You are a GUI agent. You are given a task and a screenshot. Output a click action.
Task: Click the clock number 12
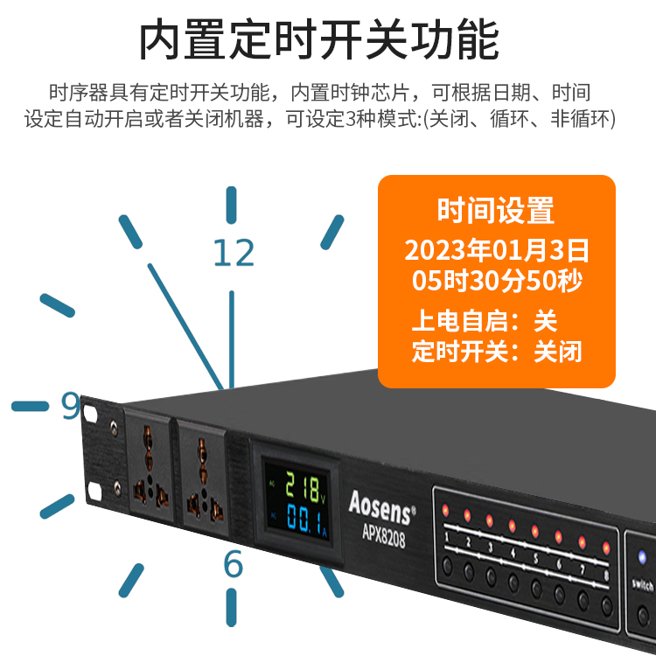point(234,253)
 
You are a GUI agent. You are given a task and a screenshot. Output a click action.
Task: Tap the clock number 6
point(233,563)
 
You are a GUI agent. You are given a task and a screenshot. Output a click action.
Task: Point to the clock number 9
point(70,405)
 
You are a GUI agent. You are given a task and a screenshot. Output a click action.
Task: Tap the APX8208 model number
point(383,535)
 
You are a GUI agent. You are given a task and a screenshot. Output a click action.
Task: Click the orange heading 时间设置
point(496,211)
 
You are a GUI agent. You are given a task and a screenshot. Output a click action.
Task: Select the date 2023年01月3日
point(497,250)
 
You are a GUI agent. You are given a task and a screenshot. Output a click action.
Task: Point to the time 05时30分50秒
point(497,280)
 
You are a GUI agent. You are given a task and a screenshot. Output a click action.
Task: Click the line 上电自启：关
point(485,321)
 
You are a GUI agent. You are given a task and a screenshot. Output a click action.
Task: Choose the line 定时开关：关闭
point(497,351)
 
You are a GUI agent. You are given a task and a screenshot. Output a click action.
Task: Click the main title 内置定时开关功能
point(318,39)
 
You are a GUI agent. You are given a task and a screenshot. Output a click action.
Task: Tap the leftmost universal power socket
point(149,464)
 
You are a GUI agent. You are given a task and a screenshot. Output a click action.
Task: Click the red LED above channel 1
point(445,510)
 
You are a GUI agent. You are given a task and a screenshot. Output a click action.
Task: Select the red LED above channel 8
point(606,548)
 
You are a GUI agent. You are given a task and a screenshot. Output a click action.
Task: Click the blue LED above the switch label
point(642,557)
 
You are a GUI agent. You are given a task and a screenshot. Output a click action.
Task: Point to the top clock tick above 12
point(232,205)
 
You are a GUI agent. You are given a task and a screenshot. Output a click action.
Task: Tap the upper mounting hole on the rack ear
point(90,414)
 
